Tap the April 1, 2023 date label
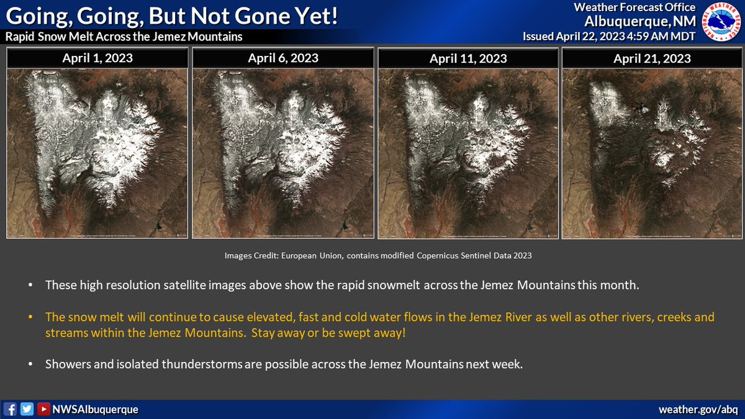[97, 59]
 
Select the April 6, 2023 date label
[283, 58]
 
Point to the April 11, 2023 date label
[468, 59]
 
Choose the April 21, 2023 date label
[652, 59]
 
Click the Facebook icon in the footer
[11, 409]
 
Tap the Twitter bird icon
[27, 409]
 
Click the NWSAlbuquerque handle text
[95, 410]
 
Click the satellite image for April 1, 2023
[97, 153]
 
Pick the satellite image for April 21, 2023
[652, 153]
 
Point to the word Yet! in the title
[310, 16]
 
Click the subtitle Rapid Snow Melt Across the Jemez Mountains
[124, 37]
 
